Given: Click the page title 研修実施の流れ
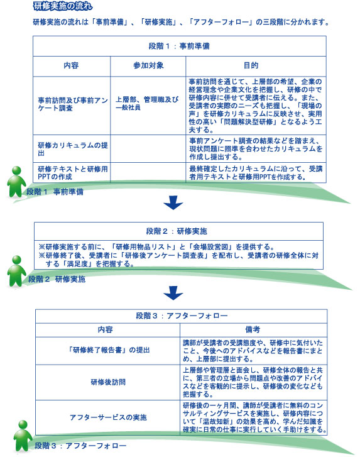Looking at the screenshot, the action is pos(63,6).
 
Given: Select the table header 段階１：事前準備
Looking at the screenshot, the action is pos(179,46).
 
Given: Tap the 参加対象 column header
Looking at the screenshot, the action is pos(148,65).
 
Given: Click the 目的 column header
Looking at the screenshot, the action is pos(251,65).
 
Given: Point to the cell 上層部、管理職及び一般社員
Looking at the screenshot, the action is pos(147,104).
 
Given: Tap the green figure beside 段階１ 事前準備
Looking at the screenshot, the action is pos(16,182).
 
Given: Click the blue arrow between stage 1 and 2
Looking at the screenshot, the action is pos(173,203).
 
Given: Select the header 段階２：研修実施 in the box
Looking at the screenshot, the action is pos(177,231).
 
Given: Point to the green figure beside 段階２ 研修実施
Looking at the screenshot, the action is pos(16,271).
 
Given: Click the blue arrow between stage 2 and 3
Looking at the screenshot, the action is pos(173,293).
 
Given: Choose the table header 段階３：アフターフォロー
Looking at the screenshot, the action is pos(182,316).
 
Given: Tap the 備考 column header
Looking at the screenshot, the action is pos(253,329).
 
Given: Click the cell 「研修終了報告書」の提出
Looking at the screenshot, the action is pos(108,350).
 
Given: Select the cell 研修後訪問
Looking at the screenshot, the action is pos(108,382).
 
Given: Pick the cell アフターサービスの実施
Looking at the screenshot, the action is pos(108,417).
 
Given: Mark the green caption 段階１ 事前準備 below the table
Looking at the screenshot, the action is pos(55,192).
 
